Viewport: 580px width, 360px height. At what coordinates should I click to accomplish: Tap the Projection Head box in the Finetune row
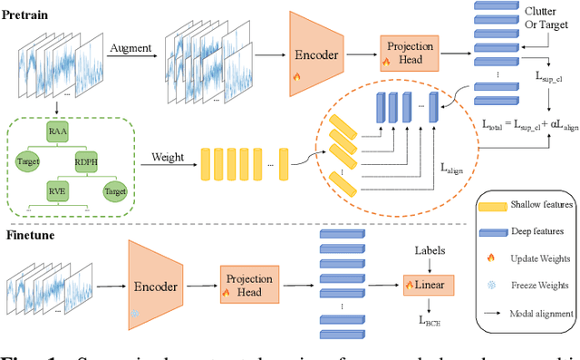tap(247, 280)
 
